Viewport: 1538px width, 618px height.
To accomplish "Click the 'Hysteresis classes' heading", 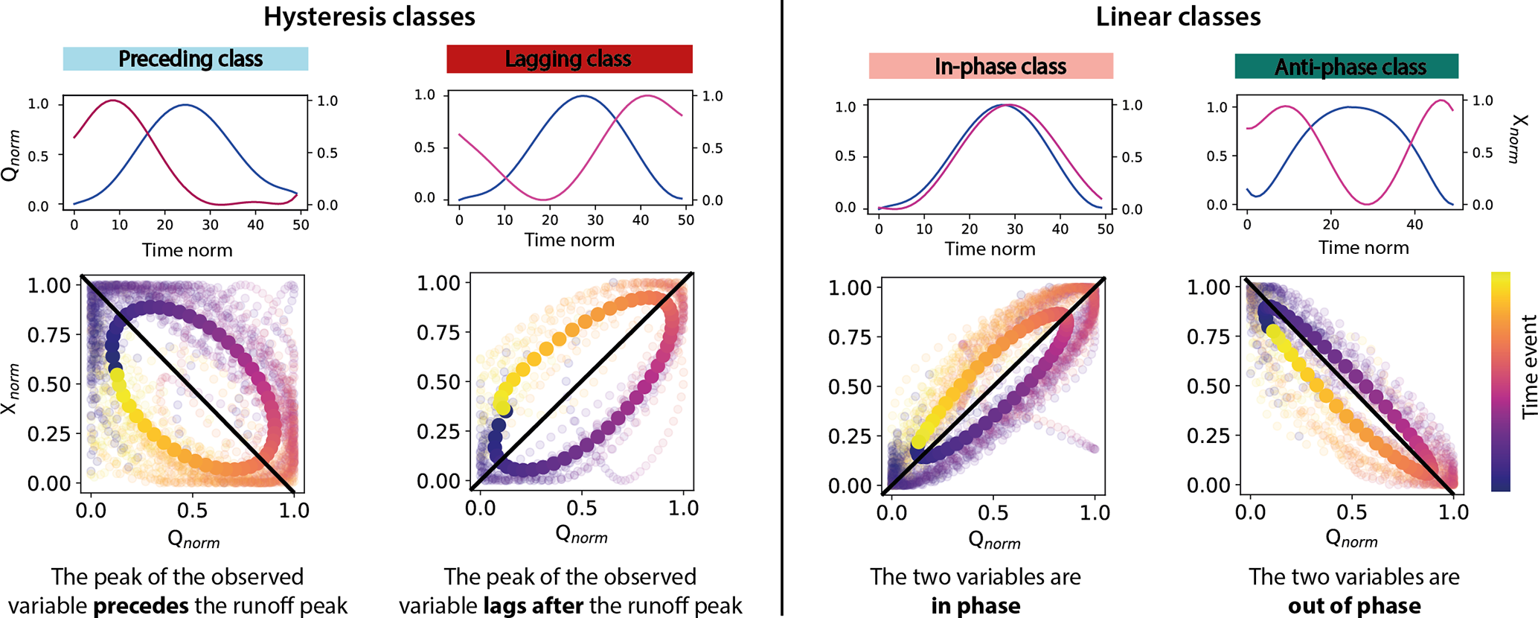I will coord(369,16).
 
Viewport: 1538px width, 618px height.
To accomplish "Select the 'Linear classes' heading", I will coord(1178,16).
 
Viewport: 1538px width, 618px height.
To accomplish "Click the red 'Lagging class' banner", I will coord(568,59).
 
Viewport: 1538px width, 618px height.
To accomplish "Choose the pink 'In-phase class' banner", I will coord(991,66).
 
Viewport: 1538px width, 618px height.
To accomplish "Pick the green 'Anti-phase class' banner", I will coord(1346,67).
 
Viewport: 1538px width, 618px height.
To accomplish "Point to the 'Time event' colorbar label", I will coord(1528,366).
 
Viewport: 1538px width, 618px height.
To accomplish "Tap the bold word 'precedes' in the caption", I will coord(141,605).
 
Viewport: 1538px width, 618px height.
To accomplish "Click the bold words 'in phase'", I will coord(975,605).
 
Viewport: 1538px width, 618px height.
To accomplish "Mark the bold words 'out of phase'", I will coord(1354,605).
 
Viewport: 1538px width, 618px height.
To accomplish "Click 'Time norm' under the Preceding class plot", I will coord(187,250).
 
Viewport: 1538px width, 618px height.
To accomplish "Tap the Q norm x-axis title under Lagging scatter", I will coord(581,534).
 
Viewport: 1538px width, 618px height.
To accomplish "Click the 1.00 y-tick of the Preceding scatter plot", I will coord(49,285).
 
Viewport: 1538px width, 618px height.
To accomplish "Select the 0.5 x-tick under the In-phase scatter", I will coord(993,513).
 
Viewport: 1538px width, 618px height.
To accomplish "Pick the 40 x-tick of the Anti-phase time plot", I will coord(1414,224).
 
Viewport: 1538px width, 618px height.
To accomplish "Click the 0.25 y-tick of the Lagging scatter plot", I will coord(438,431).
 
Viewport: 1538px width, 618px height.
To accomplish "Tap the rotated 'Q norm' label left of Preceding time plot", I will coord(10,155).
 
